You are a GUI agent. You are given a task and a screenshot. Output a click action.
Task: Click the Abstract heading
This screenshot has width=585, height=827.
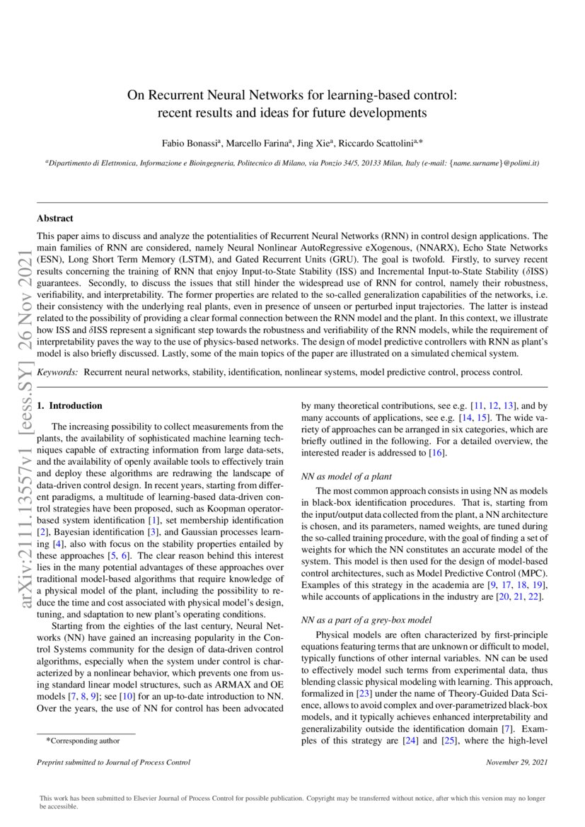click(54, 219)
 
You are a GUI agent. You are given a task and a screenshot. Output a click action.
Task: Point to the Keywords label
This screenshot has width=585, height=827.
click(58, 371)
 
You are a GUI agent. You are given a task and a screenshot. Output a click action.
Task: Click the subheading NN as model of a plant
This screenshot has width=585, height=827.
click(347, 477)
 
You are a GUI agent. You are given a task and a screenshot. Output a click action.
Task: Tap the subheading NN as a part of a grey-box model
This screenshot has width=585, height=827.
click(366, 620)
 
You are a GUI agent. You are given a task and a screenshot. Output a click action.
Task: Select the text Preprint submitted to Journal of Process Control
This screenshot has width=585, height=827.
click(113, 763)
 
